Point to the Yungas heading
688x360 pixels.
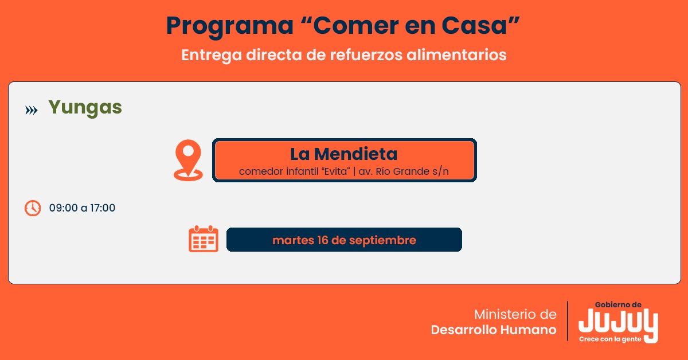click(x=85, y=108)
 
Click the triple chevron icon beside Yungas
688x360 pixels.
click(x=32, y=110)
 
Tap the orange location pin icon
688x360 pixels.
click(x=188, y=159)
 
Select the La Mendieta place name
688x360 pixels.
click(x=343, y=154)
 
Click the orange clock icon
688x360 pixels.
click(x=33, y=208)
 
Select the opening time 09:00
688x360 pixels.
click(x=63, y=208)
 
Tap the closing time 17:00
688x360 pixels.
click(x=103, y=208)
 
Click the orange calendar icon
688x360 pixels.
click(x=204, y=239)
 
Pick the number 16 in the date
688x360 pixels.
click(x=323, y=240)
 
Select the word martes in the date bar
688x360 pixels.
click(x=291, y=240)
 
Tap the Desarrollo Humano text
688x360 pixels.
click(x=493, y=330)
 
